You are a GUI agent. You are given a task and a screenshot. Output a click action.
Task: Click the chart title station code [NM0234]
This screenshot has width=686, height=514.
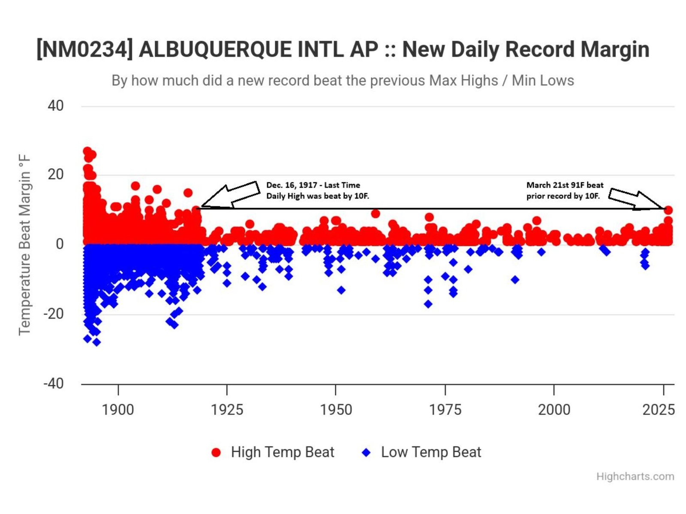(x=84, y=49)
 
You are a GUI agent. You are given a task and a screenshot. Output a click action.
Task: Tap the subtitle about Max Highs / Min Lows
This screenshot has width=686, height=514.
(x=343, y=81)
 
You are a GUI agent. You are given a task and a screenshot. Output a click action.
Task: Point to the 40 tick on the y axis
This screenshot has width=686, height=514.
(x=56, y=106)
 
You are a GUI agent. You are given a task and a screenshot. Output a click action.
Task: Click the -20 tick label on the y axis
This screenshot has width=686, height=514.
(x=54, y=314)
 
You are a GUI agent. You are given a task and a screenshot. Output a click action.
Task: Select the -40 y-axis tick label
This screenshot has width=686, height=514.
(x=54, y=383)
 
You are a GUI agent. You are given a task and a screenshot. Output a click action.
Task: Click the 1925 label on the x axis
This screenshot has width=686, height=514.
(x=227, y=410)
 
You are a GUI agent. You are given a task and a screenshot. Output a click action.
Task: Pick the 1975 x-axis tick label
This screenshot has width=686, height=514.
(x=445, y=410)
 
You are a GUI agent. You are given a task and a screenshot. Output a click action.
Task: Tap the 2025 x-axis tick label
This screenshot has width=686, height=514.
(x=658, y=410)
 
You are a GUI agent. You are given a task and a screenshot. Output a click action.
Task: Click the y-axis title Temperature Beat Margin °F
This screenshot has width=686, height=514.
(x=25, y=245)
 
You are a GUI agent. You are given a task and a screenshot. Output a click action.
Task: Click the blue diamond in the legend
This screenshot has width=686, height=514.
(x=366, y=453)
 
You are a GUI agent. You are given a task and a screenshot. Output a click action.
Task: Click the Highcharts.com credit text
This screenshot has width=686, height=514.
(x=635, y=476)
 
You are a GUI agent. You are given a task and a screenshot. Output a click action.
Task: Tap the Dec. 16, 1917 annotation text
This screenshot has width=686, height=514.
(x=317, y=190)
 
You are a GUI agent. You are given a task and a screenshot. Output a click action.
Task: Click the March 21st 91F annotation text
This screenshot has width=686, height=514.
(x=565, y=190)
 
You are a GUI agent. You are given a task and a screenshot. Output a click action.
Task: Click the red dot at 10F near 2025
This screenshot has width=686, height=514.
(x=668, y=210)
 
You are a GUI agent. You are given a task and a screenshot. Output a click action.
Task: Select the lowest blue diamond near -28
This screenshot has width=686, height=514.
(x=97, y=342)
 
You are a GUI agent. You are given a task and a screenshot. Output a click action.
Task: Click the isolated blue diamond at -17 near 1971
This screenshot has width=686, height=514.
(x=428, y=304)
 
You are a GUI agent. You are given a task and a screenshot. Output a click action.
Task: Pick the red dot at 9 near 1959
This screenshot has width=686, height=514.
(x=376, y=214)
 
